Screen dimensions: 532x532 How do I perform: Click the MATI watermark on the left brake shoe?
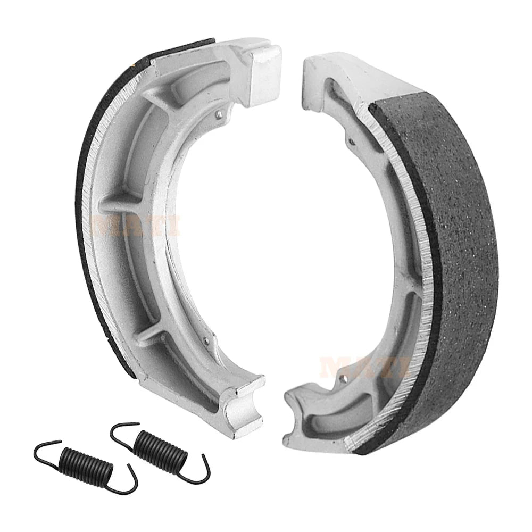136,224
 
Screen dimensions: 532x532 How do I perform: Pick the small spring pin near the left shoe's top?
219,114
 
